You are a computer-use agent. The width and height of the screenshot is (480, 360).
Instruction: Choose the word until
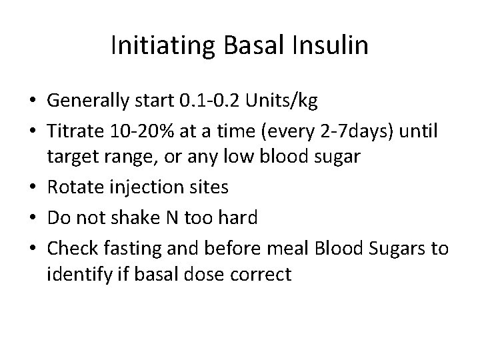[x=419, y=132]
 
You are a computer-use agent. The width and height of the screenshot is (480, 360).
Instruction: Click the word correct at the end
[x=259, y=274]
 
